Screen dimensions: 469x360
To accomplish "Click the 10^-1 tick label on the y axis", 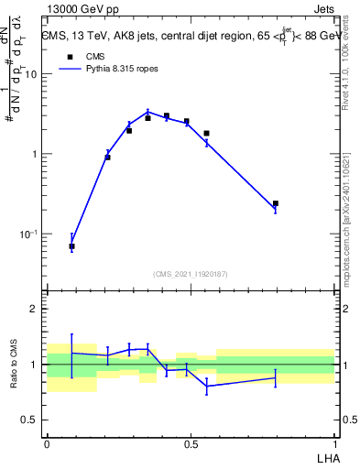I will coord(31,234).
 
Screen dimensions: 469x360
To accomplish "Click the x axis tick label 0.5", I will coord(191,443).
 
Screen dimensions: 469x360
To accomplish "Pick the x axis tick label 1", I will coord(334,443).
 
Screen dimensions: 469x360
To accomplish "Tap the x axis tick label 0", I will coord(47,443).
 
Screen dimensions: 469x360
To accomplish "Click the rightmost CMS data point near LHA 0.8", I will coord(276,203).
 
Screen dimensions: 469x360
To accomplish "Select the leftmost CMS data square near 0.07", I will coord(71,246).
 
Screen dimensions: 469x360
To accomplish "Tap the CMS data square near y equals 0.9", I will coord(107,158).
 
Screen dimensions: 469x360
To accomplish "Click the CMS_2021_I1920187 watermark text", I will coord(191,274).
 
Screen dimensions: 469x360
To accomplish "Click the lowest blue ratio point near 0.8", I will coord(207,387).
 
